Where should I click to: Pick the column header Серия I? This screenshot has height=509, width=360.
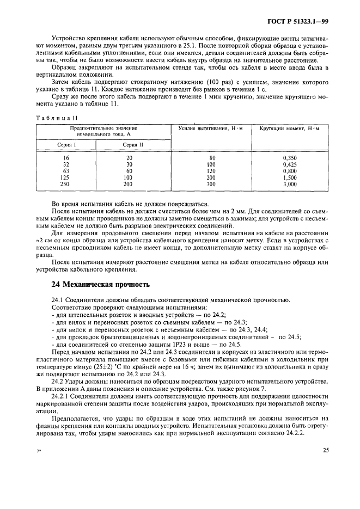point(66,145)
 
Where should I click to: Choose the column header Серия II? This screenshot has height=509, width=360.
point(129,145)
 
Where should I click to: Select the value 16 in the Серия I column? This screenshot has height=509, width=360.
point(66,157)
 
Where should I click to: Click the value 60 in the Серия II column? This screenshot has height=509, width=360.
point(129,170)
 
